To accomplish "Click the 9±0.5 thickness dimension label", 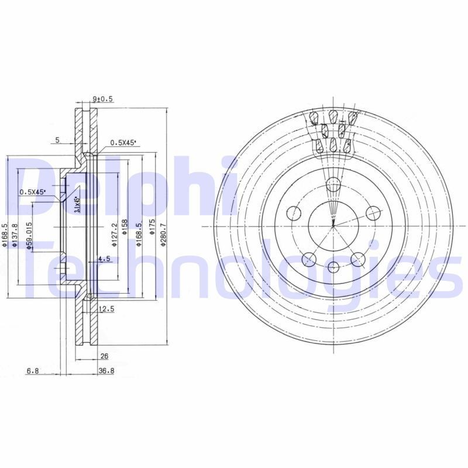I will [x=102, y=99].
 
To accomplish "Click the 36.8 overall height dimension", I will [x=106, y=371].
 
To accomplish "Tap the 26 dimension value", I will [x=105, y=355].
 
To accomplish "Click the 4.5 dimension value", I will [x=104, y=258].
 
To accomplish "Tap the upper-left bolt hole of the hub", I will [x=294, y=214].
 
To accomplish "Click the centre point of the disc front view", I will [x=333, y=226].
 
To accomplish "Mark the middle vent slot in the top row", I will [x=333, y=115].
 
